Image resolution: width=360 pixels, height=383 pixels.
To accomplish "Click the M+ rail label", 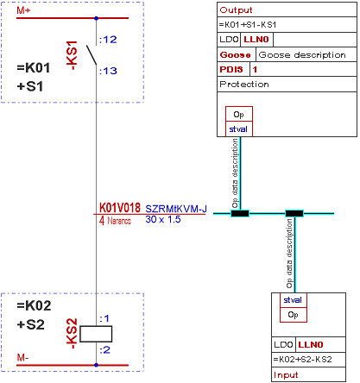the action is [x=23, y=10].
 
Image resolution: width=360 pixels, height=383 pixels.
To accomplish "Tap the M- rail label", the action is [x=22, y=358].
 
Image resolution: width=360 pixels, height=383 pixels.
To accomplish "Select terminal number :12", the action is [x=108, y=40].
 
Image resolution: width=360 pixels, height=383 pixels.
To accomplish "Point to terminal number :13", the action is [x=108, y=71].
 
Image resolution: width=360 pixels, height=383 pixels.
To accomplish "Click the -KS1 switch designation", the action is [x=72, y=55].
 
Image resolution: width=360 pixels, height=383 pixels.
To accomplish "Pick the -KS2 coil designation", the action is [x=72, y=334].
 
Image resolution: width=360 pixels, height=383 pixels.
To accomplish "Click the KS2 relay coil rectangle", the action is [x=96, y=334].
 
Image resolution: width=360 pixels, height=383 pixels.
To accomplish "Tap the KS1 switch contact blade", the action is [x=92, y=54].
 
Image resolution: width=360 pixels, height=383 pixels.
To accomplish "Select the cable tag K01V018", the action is [x=120, y=208].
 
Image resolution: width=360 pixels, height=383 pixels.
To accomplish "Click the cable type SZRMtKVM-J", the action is [x=176, y=209].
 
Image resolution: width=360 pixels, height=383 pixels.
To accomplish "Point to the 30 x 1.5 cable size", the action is [x=163, y=219].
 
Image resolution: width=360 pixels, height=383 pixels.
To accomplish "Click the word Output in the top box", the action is [x=236, y=10].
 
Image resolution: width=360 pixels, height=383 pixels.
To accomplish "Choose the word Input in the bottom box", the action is [x=286, y=374].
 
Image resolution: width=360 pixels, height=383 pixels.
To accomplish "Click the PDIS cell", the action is [x=231, y=69].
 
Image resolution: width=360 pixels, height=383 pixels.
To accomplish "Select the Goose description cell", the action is [x=302, y=54].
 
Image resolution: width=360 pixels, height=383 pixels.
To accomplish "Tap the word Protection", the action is [x=244, y=85].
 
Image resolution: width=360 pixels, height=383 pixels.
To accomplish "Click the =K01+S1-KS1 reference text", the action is [x=248, y=25].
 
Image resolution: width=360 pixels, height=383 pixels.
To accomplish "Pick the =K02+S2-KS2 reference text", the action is [x=302, y=360].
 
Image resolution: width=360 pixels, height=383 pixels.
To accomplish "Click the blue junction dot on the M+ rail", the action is [x=97, y=18].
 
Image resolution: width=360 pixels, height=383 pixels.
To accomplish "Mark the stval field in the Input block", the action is [x=293, y=300].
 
